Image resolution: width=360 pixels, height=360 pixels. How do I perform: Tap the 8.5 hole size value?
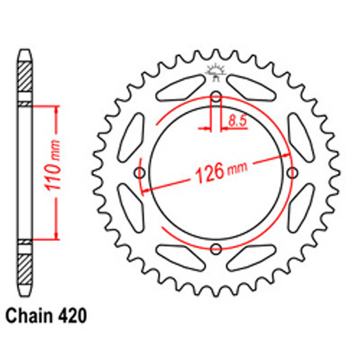point(233,122)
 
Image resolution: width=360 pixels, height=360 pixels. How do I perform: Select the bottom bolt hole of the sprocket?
point(216,249)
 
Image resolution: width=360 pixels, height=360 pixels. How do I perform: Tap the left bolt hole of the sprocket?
point(140,173)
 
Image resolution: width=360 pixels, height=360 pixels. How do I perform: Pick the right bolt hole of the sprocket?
point(292,173)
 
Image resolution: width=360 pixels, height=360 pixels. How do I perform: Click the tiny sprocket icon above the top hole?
point(215,71)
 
